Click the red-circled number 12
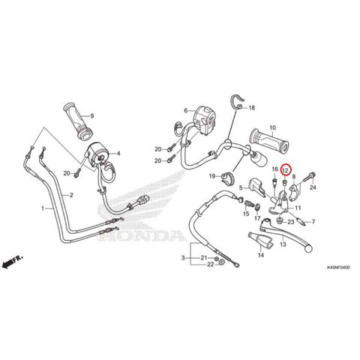pos(285,170)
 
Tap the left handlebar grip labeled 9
pos(77,120)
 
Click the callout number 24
pos(313,187)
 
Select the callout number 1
pos(43,208)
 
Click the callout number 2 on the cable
pos(71,195)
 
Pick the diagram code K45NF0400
pos(338,268)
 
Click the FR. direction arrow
pos(12,262)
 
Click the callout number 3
pos(183,257)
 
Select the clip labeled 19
pos(226,178)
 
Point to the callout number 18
pos(251,108)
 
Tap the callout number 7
pos(313,222)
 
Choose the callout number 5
pos(241,187)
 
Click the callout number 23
pos(291,222)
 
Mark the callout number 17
pos(257,218)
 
